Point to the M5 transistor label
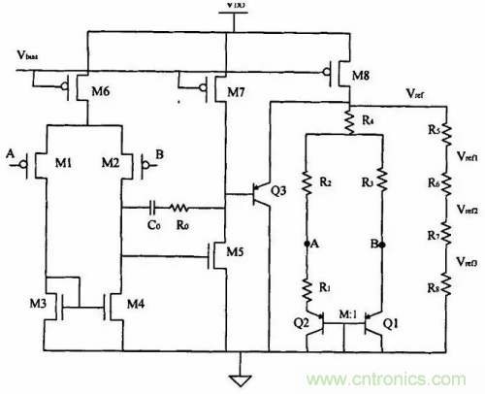[x=233, y=254]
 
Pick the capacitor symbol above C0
[x=154, y=207]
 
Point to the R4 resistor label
[x=366, y=121]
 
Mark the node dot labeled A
[x=307, y=243]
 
